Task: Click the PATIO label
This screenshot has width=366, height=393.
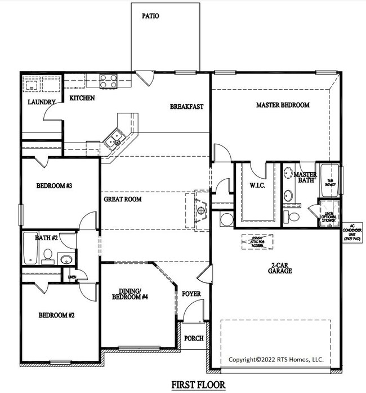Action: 150,16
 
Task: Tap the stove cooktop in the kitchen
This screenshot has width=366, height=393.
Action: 108,81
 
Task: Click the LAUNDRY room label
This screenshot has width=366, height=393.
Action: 42,102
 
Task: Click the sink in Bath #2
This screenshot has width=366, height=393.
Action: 66,260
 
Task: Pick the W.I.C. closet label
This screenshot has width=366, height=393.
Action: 257,185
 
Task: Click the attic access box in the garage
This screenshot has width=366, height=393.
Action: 258,241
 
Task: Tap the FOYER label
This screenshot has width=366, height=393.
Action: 191,294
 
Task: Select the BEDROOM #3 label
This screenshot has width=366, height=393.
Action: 53,186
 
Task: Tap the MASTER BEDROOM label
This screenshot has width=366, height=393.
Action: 283,105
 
